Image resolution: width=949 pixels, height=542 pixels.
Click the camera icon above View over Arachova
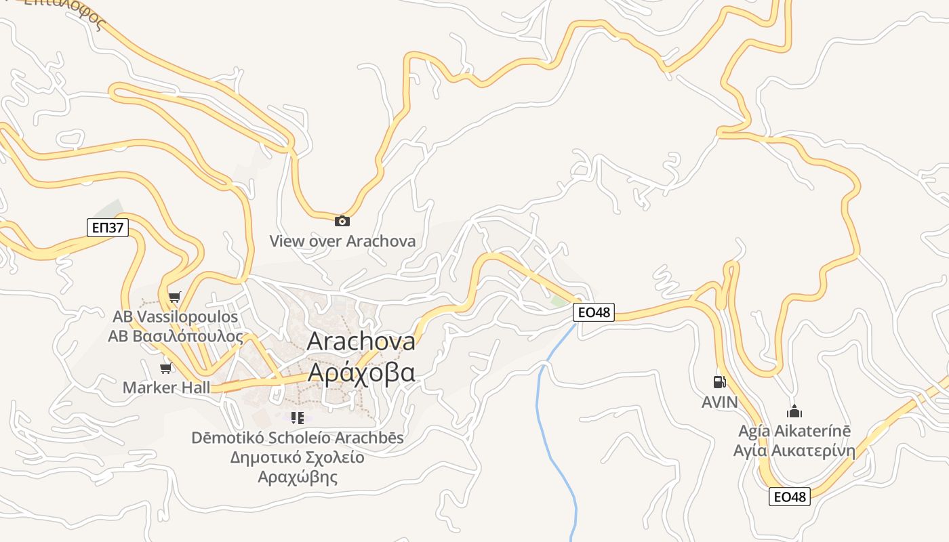[x=342, y=221]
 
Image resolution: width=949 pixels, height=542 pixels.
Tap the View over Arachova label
[x=342, y=241]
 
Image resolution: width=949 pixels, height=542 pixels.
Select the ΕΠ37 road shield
[x=108, y=227]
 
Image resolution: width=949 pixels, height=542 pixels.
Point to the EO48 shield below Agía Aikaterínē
[x=790, y=497]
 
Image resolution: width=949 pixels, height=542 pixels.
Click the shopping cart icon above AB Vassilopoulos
[x=175, y=297]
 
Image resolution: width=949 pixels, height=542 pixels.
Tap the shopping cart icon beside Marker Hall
[x=166, y=369]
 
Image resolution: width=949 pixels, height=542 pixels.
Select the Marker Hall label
[x=166, y=388]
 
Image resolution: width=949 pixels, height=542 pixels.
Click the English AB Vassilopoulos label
[x=175, y=316]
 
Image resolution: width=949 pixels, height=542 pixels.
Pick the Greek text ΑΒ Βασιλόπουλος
[x=175, y=335]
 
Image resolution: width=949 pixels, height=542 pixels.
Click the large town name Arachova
[x=361, y=341]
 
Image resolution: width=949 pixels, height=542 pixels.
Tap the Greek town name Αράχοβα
[x=361, y=372]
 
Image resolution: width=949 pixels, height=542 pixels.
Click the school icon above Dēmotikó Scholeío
[x=297, y=418]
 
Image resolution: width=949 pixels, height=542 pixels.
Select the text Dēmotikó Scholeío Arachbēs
[x=297, y=438]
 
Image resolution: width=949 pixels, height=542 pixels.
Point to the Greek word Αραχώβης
[x=297, y=476]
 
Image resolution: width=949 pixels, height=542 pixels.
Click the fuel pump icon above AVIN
[x=719, y=382]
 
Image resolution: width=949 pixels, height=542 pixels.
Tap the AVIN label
[x=719, y=402]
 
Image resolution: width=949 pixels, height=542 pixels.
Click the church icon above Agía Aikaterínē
[x=794, y=411]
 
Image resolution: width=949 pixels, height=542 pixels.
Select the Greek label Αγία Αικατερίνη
[x=794, y=451]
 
